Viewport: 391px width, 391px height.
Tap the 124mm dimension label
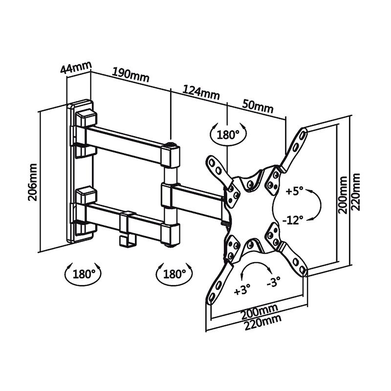coord(201,91)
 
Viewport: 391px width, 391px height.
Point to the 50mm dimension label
coord(258,106)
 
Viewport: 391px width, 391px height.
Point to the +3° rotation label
coord(242,290)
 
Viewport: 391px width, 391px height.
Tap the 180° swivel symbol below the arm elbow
coord(173,274)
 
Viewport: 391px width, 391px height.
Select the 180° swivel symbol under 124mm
coord(228,134)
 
